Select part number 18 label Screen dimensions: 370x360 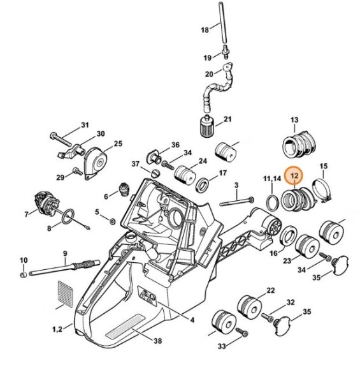tap(205, 30)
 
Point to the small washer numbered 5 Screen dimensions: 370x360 tap(112, 221)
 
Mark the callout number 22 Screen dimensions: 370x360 tap(271, 290)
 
